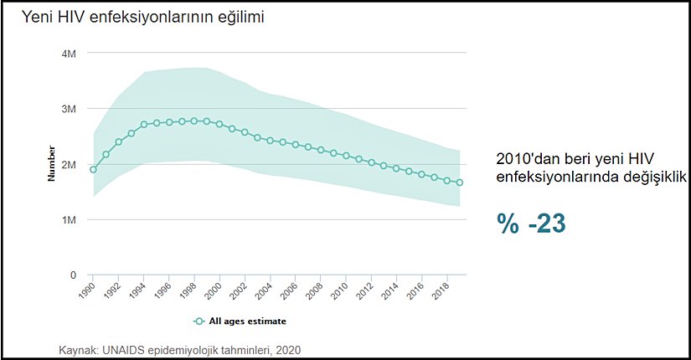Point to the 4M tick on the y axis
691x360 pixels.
click(x=70, y=54)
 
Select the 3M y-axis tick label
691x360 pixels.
click(x=70, y=109)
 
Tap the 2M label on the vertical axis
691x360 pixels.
click(x=70, y=164)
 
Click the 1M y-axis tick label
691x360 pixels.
click(x=70, y=219)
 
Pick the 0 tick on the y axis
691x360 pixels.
click(x=74, y=275)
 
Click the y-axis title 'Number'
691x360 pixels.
click(x=51, y=164)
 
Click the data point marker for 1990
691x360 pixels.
click(x=93, y=170)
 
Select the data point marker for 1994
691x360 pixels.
click(x=144, y=125)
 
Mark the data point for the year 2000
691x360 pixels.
click(x=219, y=124)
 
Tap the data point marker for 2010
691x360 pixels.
click(x=346, y=156)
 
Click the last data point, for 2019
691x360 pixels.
click(x=460, y=183)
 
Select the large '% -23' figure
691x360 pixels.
click(x=530, y=224)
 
